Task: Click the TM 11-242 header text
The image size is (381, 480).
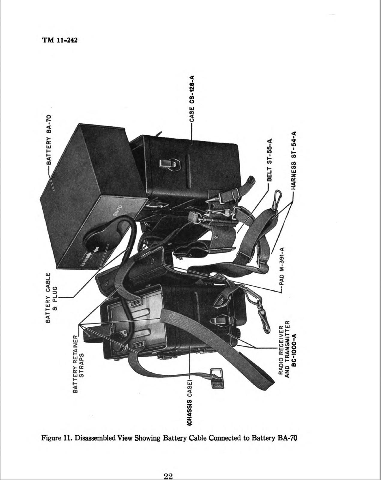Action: point(59,40)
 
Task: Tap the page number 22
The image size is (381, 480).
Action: point(168,476)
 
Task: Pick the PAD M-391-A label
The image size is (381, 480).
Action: point(282,266)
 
